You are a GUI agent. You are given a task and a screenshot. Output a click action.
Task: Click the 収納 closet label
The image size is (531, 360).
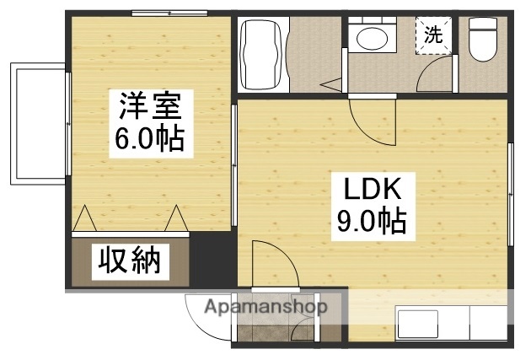tap(131, 261)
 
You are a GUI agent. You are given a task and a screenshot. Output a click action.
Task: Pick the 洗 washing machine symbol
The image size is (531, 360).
tap(433, 35)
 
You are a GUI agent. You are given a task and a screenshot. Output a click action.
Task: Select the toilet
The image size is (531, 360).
tap(483, 40)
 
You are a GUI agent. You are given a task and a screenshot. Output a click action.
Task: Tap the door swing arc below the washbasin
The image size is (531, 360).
tap(371, 118)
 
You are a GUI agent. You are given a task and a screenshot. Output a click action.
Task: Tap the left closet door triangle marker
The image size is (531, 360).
tap(84, 219)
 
